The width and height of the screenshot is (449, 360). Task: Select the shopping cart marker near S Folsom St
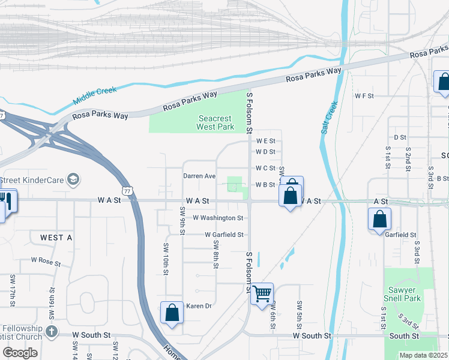[262, 294]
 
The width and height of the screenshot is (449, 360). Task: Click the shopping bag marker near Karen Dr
[172, 313]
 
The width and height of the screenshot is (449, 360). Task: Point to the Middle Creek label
[95, 94]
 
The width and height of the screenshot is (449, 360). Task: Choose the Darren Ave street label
[199, 176]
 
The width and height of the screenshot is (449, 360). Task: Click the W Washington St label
[218, 218]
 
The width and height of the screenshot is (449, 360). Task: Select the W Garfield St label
[223, 235]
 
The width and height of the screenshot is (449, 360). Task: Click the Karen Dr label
[199, 306]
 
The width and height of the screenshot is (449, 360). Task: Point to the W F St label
[364, 96]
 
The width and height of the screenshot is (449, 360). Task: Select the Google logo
[20, 353]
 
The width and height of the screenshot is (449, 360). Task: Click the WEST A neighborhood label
[56, 238]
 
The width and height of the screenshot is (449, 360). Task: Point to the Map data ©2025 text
[424, 355]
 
